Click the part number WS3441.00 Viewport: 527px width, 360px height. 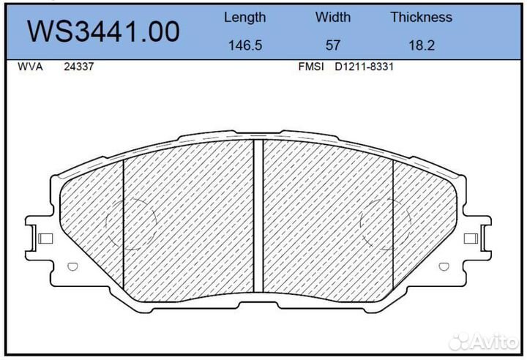tap(103, 31)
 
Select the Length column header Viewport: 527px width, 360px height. tap(244, 17)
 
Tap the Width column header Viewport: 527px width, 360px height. tap(333, 17)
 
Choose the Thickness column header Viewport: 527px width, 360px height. tap(421, 17)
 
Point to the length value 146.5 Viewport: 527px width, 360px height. tap(244, 45)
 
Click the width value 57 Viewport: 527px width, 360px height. tap(333, 45)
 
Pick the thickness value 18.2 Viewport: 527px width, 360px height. tap(421, 45)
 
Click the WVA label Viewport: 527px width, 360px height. tap(29, 67)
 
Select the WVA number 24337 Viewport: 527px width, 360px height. tap(78, 67)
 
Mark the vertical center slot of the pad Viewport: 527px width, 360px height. tap(258, 216)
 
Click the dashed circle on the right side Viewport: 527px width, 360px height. tap(386, 222)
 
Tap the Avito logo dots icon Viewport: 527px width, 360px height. tap(461, 341)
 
